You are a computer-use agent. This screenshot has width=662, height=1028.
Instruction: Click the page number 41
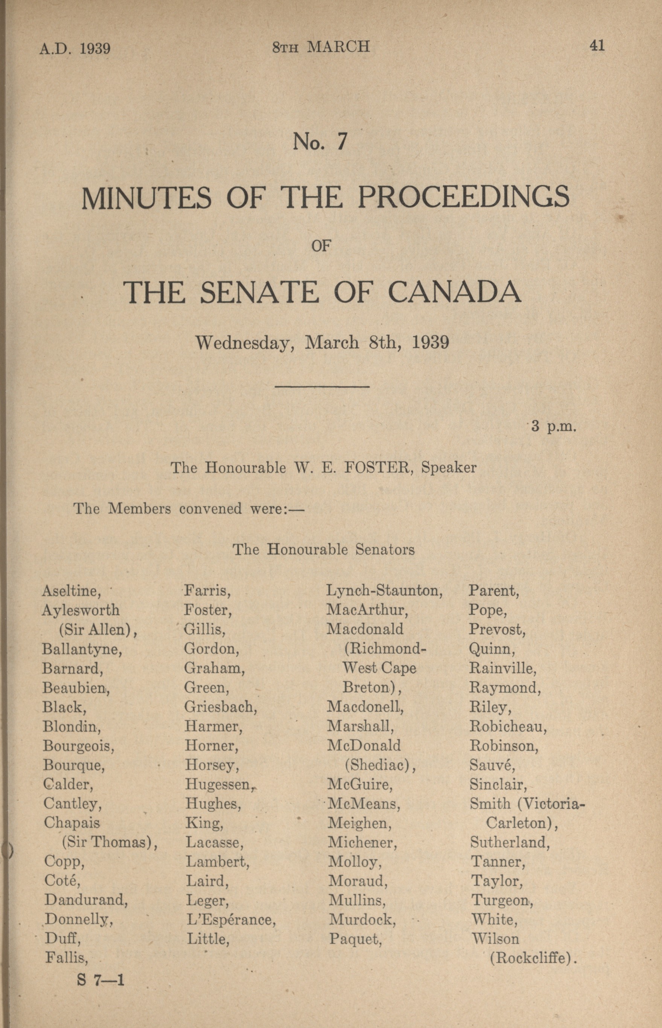[597, 45]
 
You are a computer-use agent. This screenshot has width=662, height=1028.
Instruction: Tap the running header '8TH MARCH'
[321, 46]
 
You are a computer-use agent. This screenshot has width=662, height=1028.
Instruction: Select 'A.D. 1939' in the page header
[75, 48]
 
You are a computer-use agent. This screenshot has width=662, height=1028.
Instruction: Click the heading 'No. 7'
[320, 142]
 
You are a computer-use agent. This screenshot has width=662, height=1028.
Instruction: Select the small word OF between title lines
[321, 246]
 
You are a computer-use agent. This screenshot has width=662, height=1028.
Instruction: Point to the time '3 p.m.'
[553, 426]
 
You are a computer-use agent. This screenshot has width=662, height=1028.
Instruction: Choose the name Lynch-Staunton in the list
[384, 591]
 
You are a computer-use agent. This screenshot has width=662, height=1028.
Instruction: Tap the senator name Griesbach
[221, 707]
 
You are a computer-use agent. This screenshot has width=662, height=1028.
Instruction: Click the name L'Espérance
[231, 919]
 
